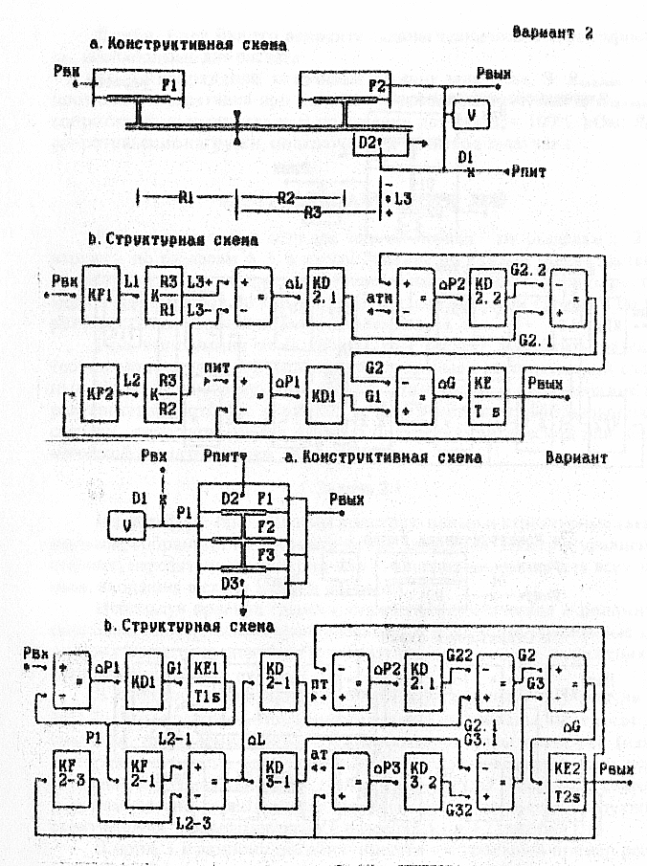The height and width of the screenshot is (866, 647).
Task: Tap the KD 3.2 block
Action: (421, 778)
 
